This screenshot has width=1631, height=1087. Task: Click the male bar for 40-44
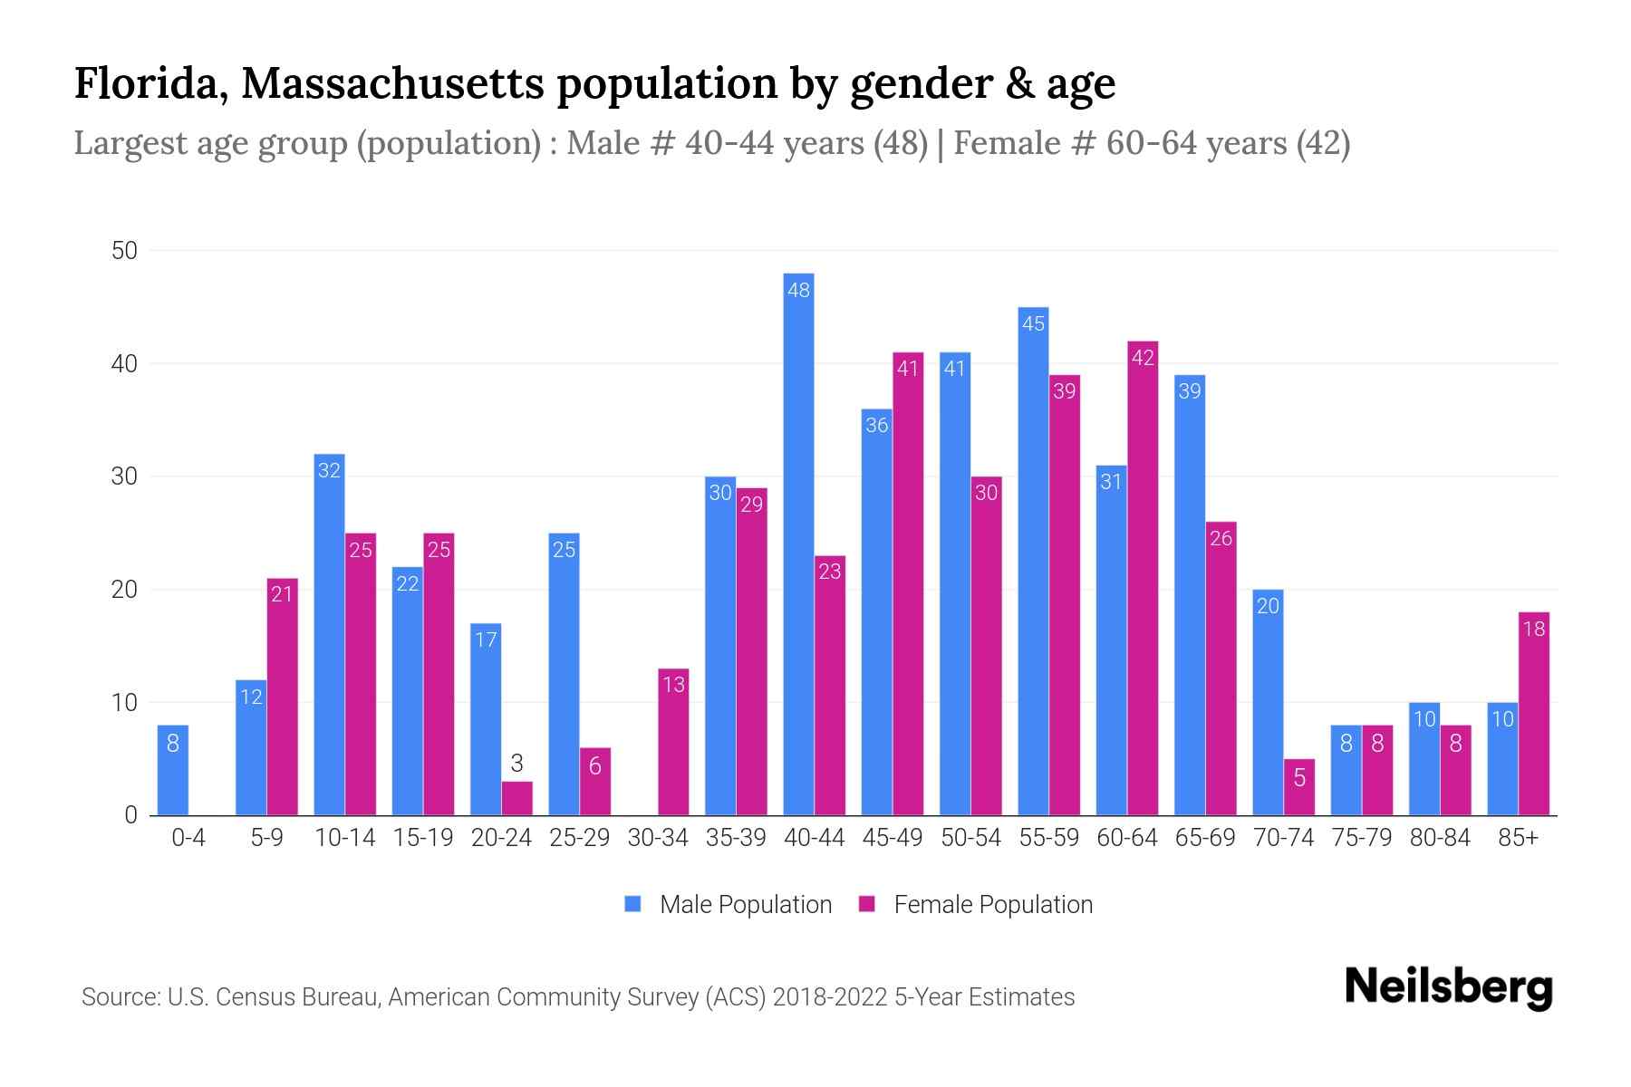coord(798,543)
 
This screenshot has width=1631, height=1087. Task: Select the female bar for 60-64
coord(1143,580)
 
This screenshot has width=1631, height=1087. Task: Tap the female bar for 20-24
coord(516,798)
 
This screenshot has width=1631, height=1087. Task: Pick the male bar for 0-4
coord(173,770)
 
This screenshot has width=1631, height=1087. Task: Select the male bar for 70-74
coord(1268,702)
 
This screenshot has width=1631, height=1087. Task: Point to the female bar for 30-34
coord(673,743)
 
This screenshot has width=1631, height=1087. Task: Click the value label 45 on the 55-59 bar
coord(1033,323)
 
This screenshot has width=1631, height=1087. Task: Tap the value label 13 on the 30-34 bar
coord(673,685)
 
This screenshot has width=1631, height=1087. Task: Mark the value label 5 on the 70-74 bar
coord(1299,777)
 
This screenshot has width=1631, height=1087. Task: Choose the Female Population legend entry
coord(976,904)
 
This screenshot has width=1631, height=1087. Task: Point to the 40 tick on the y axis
coord(124,364)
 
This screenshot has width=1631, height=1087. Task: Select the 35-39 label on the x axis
coord(736,838)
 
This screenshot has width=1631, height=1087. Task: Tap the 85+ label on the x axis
coord(1518,838)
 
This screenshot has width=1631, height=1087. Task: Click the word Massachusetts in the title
coord(392,83)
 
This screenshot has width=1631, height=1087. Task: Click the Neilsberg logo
coord(1448,987)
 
